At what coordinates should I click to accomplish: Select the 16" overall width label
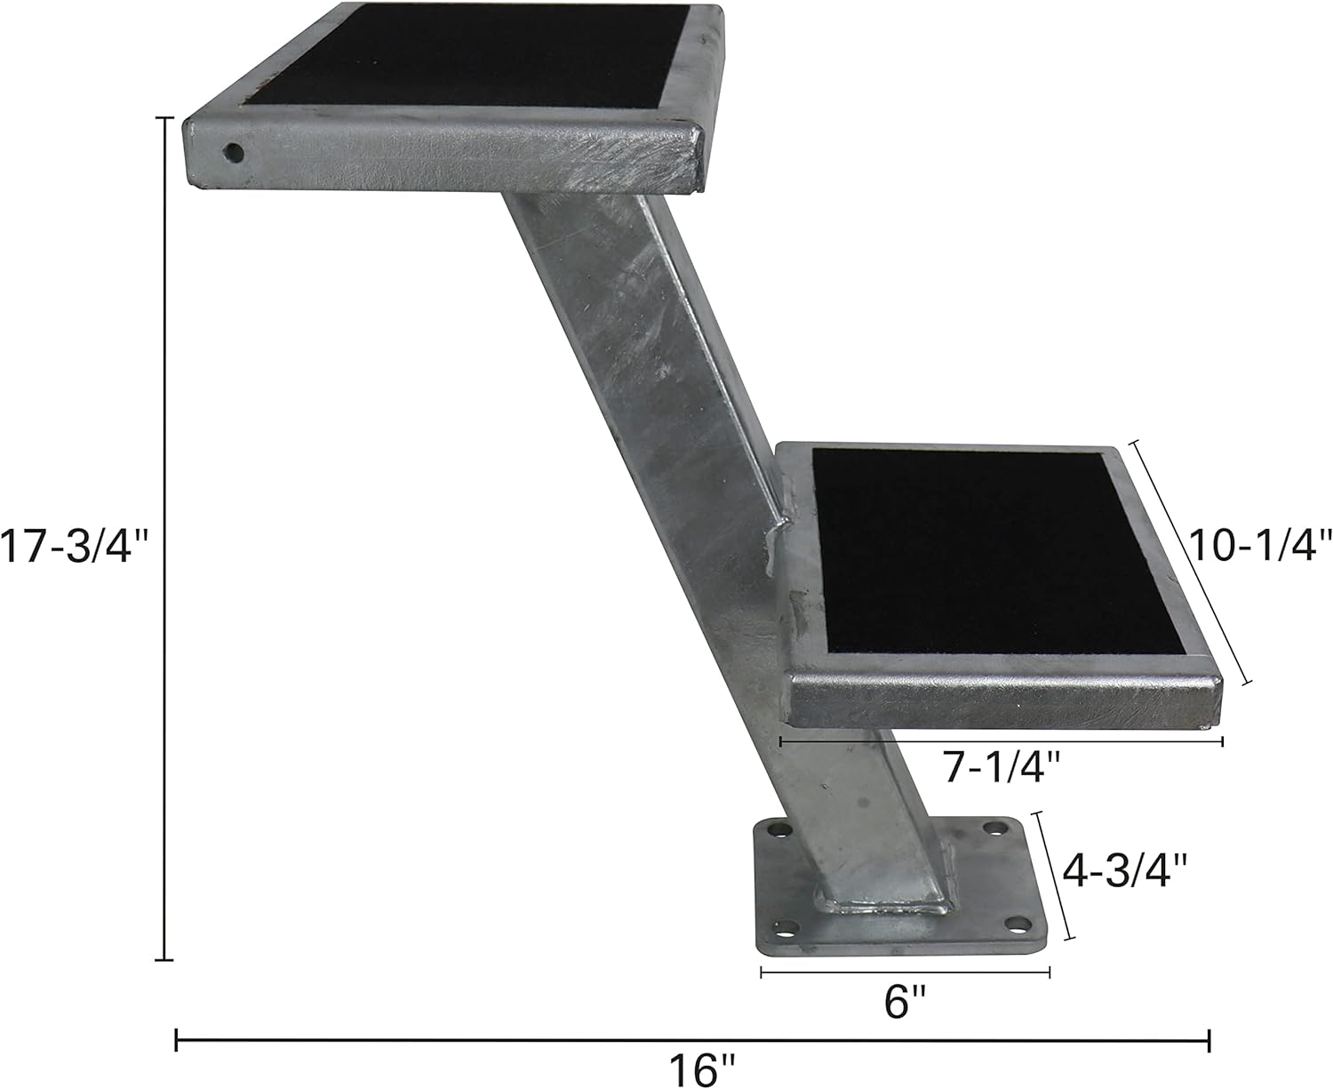tap(705, 1069)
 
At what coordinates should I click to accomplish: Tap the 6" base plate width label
tap(906, 1004)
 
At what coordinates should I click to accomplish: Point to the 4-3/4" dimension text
tap(1125, 870)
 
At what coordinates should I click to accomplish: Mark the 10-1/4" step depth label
tap(1261, 545)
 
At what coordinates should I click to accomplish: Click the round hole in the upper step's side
tap(234, 153)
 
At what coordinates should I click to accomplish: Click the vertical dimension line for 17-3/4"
tap(164, 533)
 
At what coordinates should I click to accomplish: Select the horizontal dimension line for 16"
tap(693, 1039)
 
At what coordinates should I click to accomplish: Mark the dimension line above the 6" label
tap(906, 973)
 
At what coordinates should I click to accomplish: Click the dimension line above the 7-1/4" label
tap(1002, 741)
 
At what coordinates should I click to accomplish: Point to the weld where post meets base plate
tap(889, 909)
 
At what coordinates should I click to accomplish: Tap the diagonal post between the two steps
tap(640, 356)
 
